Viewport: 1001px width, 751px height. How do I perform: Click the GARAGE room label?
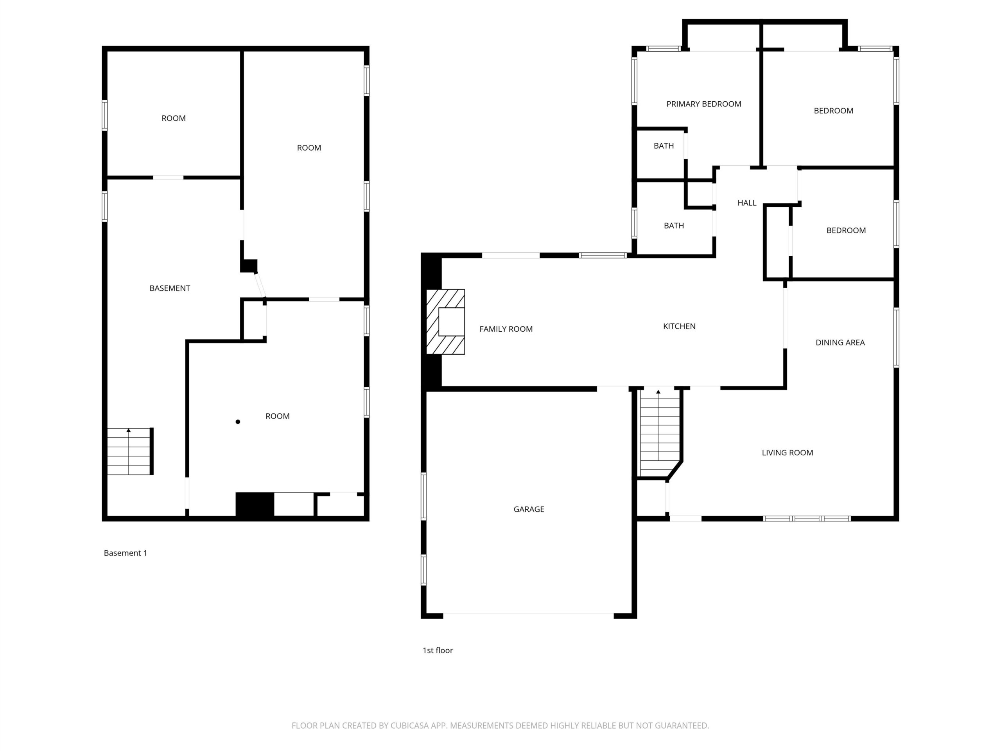click(x=529, y=509)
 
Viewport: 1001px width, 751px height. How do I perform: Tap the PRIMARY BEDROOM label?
click(x=704, y=104)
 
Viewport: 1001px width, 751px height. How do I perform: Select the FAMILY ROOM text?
click(x=506, y=329)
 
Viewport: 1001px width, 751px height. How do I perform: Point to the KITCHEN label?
click(x=679, y=326)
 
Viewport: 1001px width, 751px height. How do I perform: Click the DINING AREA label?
click(x=840, y=343)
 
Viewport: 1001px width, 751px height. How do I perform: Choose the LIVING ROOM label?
click(x=788, y=453)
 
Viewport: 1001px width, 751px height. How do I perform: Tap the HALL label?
click(x=747, y=203)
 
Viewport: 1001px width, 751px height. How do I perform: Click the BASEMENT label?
click(x=170, y=288)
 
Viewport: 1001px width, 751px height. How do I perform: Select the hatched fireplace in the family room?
click(x=446, y=322)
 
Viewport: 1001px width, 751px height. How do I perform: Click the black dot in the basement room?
click(x=238, y=422)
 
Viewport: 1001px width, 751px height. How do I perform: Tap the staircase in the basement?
click(x=130, y=451)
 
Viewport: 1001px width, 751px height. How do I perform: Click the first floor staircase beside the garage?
click(x=659, y=433)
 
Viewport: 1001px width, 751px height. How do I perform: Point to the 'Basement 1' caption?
click(x=126, y=553)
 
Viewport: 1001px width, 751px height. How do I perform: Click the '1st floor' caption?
click(x=438, y=650)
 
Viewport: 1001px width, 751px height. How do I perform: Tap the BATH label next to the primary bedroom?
click(x=664, y=146)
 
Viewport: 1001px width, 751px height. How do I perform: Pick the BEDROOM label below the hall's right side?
click(x=846, y=230)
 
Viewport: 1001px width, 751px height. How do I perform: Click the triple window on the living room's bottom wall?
click(x=807, y=519)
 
